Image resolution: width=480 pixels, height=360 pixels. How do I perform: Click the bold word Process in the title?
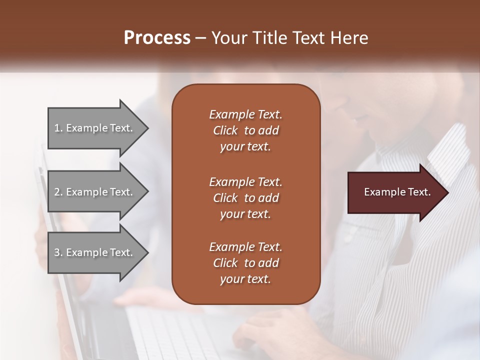point(157,37)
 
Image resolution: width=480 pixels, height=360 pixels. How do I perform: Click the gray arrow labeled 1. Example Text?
point(93,128)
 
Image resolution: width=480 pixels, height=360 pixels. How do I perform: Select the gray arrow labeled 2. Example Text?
point(93,192)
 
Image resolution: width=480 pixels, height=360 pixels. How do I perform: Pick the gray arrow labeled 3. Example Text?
point(93,252)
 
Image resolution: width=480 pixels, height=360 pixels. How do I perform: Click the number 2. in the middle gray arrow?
point(58,192)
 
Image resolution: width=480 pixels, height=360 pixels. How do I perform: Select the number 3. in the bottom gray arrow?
point(58,252)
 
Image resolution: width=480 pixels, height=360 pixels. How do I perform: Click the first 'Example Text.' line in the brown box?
point(245,114)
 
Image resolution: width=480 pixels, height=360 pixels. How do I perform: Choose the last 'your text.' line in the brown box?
point(245,279)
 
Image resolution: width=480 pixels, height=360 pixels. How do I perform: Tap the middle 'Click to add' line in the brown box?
point(245,198)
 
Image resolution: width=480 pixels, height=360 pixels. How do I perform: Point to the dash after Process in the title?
point(201,38)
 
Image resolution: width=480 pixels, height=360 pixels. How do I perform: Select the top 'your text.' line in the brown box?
point(245,147)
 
